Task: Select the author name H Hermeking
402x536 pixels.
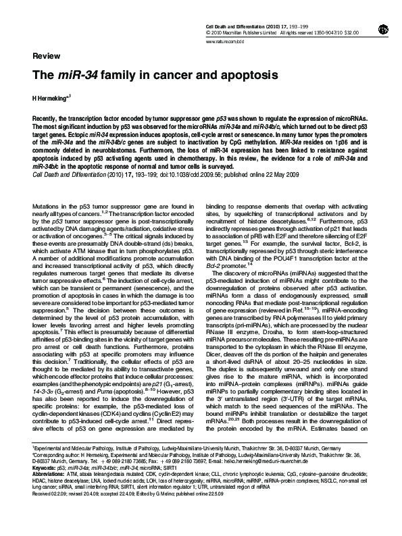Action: click(51, 99)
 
